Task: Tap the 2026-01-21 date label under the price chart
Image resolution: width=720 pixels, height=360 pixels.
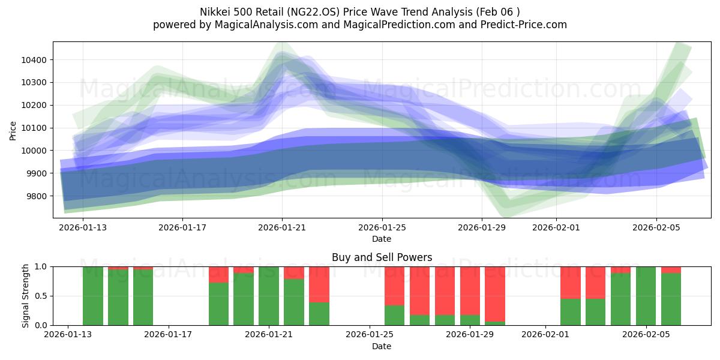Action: click(282, 228)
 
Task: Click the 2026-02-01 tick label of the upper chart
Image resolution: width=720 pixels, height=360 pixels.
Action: click(556, 228)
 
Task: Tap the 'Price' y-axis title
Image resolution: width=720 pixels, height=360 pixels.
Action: click(14, 131)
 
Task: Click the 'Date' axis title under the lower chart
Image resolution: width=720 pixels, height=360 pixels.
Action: click(382, 346)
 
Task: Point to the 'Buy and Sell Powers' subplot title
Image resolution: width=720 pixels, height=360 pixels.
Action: click(382, 257)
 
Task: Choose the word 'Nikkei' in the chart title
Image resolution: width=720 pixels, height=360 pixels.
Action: click(216, 11)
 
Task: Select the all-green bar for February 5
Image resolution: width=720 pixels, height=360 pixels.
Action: click(646, 296)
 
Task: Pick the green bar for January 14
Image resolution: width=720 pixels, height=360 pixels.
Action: click(118, 297)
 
